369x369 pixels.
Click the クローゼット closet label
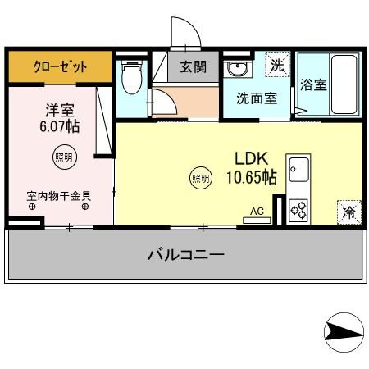point(60,67)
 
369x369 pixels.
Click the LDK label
point(251,157)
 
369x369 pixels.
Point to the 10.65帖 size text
point(251,176)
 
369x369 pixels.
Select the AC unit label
point(257,212)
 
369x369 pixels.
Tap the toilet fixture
point(130,78)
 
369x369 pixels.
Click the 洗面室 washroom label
point(257,98)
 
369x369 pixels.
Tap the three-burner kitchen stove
point(299,210)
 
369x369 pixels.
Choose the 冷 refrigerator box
point(348,212)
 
